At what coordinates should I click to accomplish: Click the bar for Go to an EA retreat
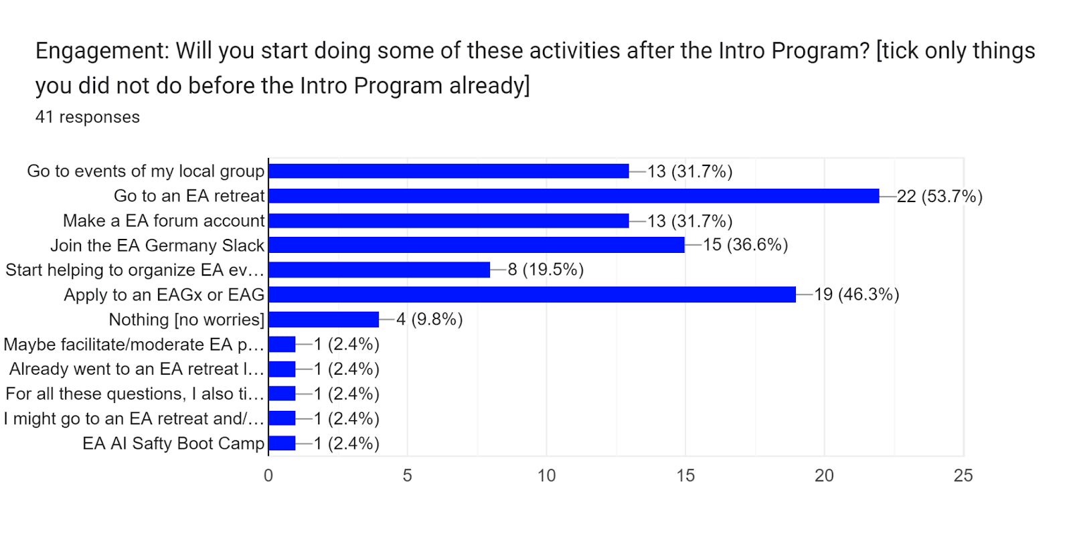coord(574,196)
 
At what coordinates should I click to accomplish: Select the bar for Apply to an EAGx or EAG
coord(532,294)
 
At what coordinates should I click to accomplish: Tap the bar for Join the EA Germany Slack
coord(477,246)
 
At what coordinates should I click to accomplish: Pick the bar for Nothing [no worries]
coord(324,320)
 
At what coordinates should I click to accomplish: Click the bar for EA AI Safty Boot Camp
coord(282,443)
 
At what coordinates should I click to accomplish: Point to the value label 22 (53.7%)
coord(939,197)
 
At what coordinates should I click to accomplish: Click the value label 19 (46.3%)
coord(856,294)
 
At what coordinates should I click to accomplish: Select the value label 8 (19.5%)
coord(546,270)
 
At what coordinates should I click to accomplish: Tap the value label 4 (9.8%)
coord(429,320)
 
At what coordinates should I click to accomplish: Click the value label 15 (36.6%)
coord(745,245)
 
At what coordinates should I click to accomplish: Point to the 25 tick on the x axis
coord(963,476)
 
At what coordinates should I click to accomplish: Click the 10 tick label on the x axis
coord(546,476)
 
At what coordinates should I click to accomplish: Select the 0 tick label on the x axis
coord(268,476)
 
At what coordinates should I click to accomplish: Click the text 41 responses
coord(88,117)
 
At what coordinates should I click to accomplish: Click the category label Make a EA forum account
coord(164,221)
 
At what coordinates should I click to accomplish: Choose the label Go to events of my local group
coord(146,171)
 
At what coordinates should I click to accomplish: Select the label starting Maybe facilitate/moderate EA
coord(134,345)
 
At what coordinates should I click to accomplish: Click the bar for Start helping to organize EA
coord(380,270)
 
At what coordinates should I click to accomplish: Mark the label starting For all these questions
coord(135,394)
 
